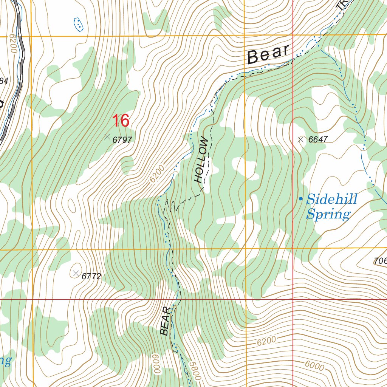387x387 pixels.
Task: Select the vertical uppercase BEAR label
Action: (x=165, y=321)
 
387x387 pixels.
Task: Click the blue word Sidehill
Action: (x=332, y=199)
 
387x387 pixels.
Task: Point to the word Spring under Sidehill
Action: (x=328, y=214)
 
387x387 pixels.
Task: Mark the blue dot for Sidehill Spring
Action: (x=301, y=199)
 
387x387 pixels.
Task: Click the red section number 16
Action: (x=121, y=121)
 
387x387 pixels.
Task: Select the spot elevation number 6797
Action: (x=122, y=140)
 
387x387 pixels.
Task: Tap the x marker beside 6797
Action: (x=107, y=136)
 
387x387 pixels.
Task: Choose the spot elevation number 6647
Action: (x=318, y=139)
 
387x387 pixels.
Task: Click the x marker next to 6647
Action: (x=301, y=139)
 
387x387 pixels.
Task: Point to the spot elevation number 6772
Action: (x=91, y=276)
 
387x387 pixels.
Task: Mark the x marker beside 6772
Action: (x=76, y=273)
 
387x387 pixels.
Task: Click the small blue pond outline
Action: (x=78, y=24)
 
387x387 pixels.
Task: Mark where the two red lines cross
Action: (x=293, y=299)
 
